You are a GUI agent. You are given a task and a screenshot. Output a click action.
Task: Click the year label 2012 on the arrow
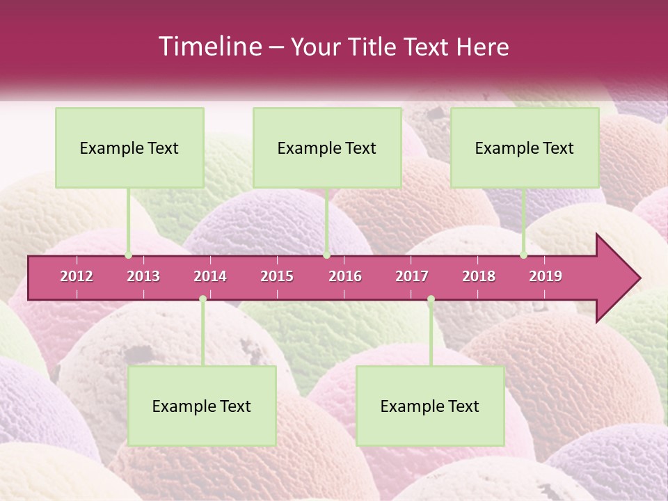(x=77, y=276)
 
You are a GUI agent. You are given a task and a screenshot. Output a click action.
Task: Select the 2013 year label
(x=143, y=276)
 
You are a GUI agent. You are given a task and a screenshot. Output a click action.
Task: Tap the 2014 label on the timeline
(x=210, y=276)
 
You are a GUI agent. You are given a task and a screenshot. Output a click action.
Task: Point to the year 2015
(x=277, y=276)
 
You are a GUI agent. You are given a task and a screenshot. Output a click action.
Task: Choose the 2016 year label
(x=345, y=276)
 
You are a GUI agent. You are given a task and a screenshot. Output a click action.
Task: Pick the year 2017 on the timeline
(x=412, y=276)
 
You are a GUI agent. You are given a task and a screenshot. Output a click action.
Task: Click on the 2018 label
(x=479, y=276)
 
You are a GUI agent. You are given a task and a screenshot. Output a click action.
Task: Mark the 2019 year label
(x=546, y=276)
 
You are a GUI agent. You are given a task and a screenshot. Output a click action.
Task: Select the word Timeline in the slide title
(x=209, y=47)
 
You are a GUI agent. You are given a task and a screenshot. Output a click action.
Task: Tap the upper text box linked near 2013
(x=129, y=148)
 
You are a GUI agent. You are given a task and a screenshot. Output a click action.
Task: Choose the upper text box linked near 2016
(x=327, y=148)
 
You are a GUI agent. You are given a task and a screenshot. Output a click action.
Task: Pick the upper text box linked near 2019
(x=525, y=148)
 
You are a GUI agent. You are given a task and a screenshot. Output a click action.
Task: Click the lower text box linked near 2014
(x=202, y=406)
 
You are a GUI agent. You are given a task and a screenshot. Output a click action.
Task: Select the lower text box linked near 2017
(x=430, y=406)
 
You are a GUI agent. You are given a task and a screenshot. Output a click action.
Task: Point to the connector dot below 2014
(x=202, y=299)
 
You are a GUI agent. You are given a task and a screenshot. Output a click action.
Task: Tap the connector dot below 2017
(x=431, y=299)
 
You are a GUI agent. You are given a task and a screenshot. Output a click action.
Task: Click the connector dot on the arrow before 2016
(x=326, y=255)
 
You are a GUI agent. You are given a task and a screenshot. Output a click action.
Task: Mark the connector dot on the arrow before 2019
(x=524, y=255)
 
